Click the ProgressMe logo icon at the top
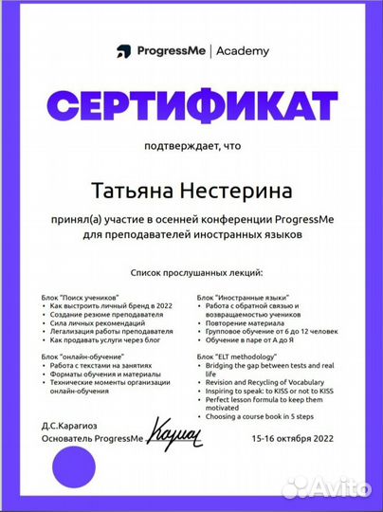point(121,51)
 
